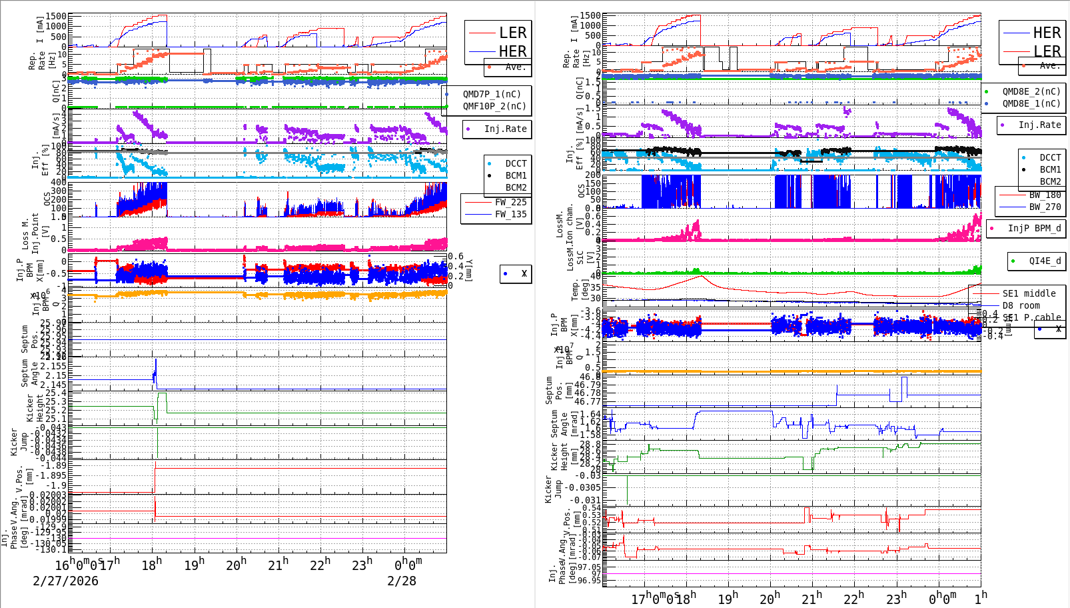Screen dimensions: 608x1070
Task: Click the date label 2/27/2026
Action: coord(65,581)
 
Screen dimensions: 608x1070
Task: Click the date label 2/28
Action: coord(402,581)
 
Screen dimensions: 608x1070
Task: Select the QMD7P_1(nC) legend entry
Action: coord(492,94)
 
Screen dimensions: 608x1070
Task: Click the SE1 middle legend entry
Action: coord(1029,293)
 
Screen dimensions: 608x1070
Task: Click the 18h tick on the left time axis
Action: coord(152,565)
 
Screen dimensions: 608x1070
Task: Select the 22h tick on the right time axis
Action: coord(853,598)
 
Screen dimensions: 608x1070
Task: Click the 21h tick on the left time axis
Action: coord(278,565)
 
